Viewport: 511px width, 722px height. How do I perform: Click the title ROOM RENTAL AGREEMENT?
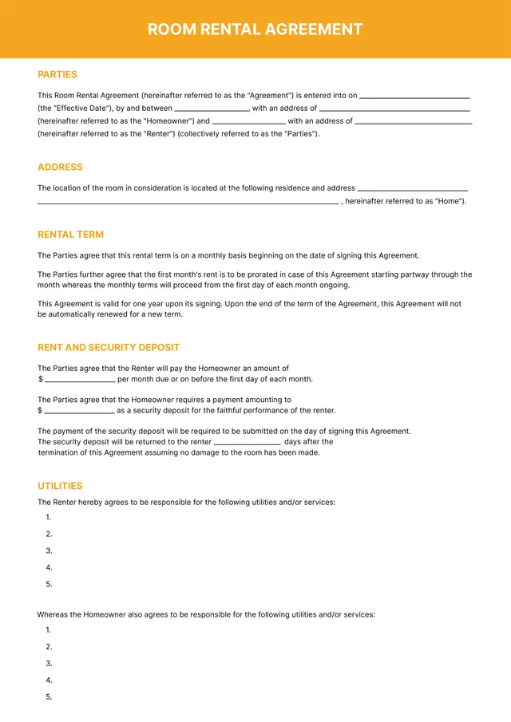pyautogui.click(x=255, y=30)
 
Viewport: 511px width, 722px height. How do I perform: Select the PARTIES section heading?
pyautogui.click(x=57, y=74)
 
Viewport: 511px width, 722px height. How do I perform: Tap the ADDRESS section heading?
pyautogui.click(x=60, y=167)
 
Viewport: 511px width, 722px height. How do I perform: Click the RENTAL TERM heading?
pyautogui.click(x=70, y=235)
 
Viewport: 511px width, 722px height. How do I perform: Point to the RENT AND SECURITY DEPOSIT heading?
pyautogui.click(x=109, y=347)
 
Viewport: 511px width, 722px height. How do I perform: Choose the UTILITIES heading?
pyautogui.click(x=60, y=485)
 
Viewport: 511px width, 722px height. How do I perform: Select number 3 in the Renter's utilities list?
pyautogui.click(x=49, y=550)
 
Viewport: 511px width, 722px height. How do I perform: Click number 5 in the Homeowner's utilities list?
pyautogui.click(x=49, y=696)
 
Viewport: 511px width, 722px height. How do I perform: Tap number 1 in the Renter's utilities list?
pyautogui.click(x=49, y=517)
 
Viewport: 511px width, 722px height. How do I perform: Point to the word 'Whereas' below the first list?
pyautogui.click(x=53, y=614)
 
